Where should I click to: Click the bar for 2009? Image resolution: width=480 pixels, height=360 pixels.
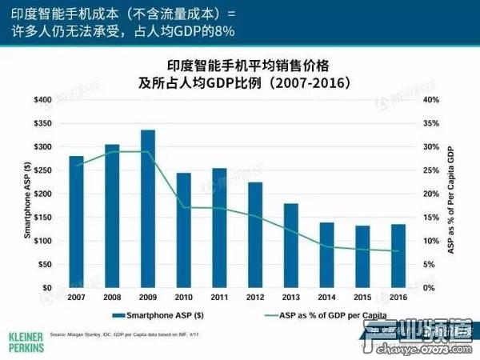pos(148,209)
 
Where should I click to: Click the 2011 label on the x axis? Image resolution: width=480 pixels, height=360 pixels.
pos(218,297)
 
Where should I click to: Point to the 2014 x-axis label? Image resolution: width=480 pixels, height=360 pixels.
pos(326,297)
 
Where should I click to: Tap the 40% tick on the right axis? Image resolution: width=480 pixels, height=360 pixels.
pos(431,100)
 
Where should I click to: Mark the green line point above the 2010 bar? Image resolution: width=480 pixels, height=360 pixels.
pos(184,208)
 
